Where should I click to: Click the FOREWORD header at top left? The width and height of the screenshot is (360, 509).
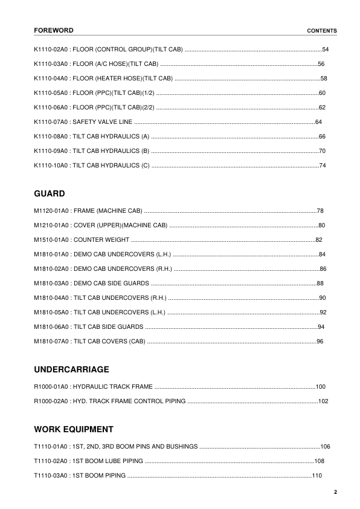pos(54,30)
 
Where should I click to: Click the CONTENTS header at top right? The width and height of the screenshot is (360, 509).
pos(322,31)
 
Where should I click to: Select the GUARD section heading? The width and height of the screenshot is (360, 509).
pos(50,194)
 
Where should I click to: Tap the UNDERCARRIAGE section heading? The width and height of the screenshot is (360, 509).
pos(72,369)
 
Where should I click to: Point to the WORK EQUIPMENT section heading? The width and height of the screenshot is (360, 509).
pos(74,430)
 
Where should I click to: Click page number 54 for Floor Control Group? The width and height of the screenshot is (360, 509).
pos(326,50)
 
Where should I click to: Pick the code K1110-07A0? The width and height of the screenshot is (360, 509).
pos(51,122)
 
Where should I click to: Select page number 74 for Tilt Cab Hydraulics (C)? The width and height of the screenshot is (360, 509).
pos(323,166)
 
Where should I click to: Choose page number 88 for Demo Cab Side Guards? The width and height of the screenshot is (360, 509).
pos(320,284)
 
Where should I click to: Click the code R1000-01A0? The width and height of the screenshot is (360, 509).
pos(51,386)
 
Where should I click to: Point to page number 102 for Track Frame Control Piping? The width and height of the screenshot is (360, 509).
pos(323,400)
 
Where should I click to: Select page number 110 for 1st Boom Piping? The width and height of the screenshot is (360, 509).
pos(317,476)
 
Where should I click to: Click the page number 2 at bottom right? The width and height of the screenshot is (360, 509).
pos(335,492)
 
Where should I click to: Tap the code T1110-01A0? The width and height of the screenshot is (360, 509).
pos(50,447)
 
